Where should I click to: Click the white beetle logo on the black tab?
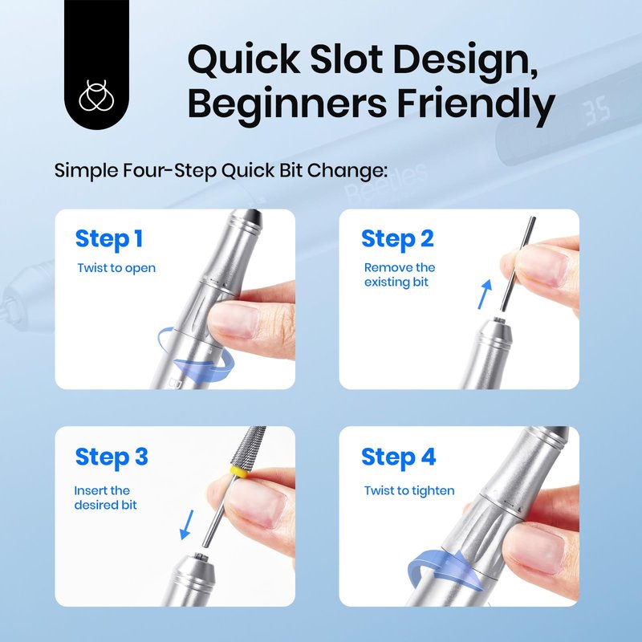[96, 95]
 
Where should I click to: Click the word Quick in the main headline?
[244, 59]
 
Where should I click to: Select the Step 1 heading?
[109, 239]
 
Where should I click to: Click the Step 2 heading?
[397, 239]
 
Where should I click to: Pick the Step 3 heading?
[112, 457]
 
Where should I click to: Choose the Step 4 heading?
[398, 457]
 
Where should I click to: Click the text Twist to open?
[116, 268]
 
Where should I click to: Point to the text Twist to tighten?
[409, 490]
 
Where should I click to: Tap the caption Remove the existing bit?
[399, 274]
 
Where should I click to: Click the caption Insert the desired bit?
[105, 498]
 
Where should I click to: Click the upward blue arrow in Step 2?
[485, 295]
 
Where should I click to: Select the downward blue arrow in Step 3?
[187, 525]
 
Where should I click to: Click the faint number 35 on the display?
[597, 111]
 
